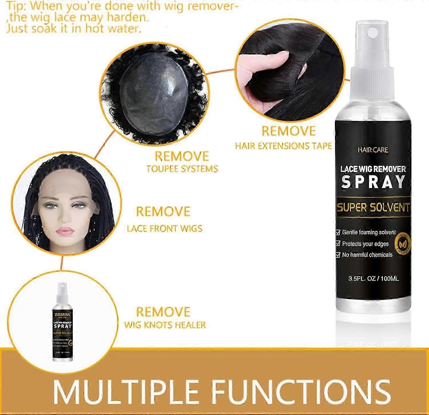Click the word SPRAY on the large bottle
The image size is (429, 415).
point(373,182)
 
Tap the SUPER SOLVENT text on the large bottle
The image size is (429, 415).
point(373,207)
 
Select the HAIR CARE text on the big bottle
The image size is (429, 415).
point(373,150)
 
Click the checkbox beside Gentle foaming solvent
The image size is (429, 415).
point(338,232)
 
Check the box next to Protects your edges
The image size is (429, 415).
point(338,244)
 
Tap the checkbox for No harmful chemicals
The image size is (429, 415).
point(338,255)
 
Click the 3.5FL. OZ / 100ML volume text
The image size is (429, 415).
point(373,278)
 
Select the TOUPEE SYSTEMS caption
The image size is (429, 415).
point(182,169)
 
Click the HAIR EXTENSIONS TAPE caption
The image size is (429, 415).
point(283,146)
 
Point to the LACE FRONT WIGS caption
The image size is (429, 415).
point(164,229)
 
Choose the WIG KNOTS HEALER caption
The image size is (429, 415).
point(165,325)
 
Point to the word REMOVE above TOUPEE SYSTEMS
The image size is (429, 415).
point(182,156)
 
